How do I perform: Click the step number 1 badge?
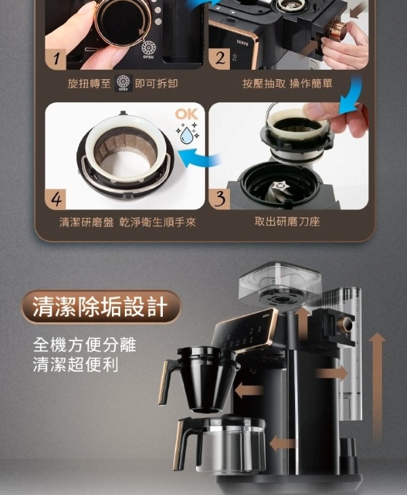tap(56, 59)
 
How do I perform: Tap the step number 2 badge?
tap(220, 59)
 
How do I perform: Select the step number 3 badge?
tap(220, 199)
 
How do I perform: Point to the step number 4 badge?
tap(56, 199)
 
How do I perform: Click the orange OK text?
tap(187, 114)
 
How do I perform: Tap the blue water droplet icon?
tap(186, 135)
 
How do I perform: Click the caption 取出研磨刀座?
tap(287, 221)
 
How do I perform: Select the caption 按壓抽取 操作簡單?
tap(288, 84)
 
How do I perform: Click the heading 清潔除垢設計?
tap(100, 307)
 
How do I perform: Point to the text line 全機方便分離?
tap(84, 345)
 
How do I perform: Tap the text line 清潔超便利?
tap(75, 364)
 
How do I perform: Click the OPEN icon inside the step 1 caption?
tap(123, 83)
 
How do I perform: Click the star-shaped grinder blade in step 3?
tap(280, 186)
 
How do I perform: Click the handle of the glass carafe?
tap(186, 444)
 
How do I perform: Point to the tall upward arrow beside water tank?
tap(377, 386)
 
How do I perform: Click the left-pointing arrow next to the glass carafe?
tap(282, 444)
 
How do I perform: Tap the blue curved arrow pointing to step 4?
tap(200, 158)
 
